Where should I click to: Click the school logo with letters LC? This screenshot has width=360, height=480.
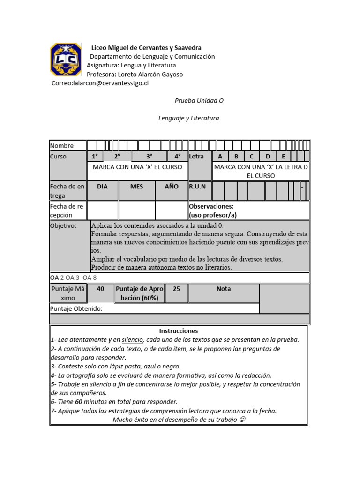click(66, 59)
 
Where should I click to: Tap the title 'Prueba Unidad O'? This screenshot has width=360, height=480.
click(196, 101)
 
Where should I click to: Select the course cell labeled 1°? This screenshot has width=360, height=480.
click(95, 157)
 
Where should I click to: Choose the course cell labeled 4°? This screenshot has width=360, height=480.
click(178, 157)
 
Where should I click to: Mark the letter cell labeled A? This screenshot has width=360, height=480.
click(220, 157)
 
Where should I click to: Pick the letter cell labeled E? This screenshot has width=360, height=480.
click(284, 157)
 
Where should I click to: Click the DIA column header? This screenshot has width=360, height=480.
click(102, 186)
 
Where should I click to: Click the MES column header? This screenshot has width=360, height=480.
click(137, 186)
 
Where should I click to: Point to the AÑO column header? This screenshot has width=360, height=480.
click(172, 186)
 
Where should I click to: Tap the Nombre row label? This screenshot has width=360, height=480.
click(62, 146)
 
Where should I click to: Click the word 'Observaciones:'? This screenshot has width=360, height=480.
click(211, 206)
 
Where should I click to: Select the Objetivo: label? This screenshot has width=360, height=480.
click(63, 225)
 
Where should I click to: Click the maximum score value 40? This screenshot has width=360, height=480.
click(100, 289)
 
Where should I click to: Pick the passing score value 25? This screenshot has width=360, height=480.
click(176, 289)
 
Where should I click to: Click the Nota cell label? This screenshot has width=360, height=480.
click(224, 289)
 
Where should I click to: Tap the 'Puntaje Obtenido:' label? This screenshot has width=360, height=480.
click(76, 309)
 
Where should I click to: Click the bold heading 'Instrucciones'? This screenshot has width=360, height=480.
click(179, 331)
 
